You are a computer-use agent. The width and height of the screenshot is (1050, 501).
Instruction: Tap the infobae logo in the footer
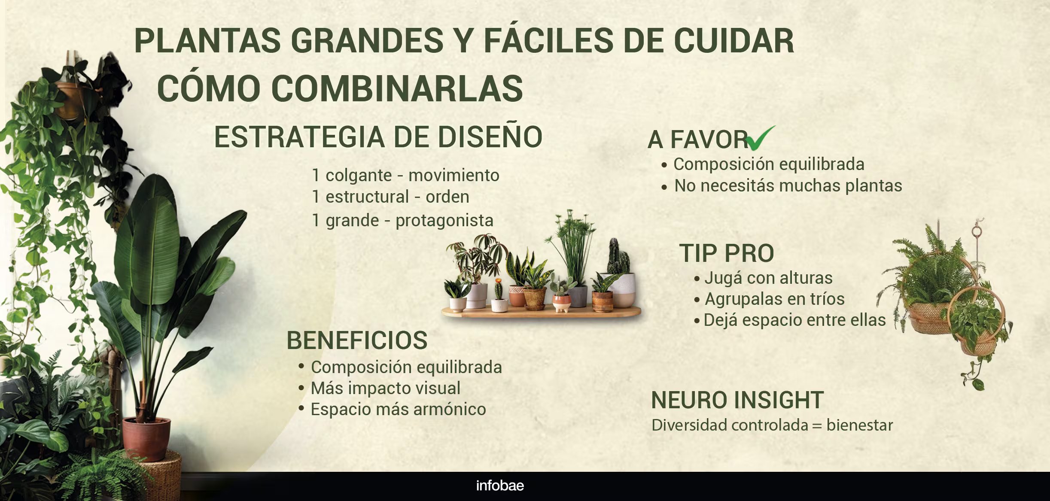[x=500, y=486]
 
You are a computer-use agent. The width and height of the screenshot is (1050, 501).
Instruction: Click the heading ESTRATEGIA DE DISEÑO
[x=378, y=137]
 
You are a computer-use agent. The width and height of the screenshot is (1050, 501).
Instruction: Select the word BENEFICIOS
[x=357, y=340]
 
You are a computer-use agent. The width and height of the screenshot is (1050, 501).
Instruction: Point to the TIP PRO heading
[x=727, y=253]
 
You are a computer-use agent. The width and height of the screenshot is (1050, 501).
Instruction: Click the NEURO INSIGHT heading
[x=737, y=400]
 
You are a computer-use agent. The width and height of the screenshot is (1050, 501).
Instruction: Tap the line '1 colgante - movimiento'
[x=405, y=175]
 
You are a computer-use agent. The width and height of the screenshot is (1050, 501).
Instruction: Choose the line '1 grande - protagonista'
[x=402, y=220]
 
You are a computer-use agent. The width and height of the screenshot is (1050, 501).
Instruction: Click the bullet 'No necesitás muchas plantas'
[x=788, y=185]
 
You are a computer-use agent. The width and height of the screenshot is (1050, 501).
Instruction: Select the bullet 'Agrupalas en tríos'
[x=774, y=299]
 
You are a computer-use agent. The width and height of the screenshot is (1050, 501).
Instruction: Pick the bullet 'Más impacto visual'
[x=385, y=388]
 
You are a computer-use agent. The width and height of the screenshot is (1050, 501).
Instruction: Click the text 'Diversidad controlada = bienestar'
[x=772, y=425]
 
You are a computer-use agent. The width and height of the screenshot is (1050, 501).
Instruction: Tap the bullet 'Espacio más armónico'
[x=398, y=409]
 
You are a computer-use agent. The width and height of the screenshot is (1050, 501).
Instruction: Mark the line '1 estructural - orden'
[x=390, y=197]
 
